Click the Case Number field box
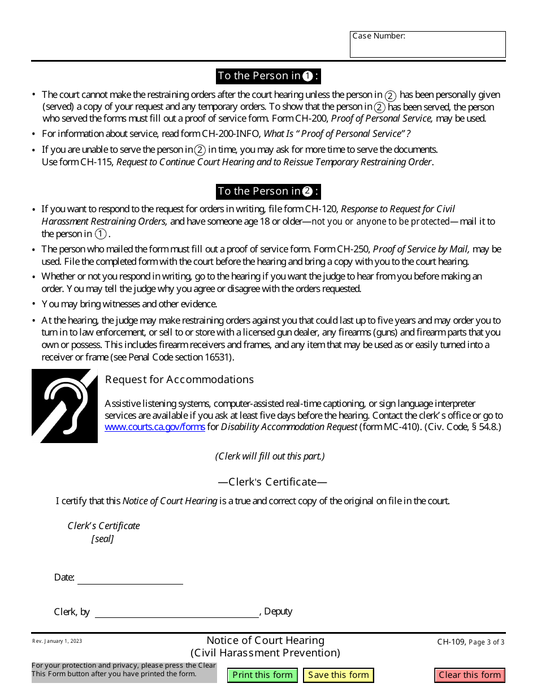click(427, 45)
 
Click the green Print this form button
click(262, 674)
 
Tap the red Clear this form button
click(470, 674)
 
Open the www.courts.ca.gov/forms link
click(154, 427)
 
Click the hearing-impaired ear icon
click(64, 406)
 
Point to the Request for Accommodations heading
click(179, 380)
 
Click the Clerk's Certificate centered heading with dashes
click(272, 482)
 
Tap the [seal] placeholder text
click(102, 539)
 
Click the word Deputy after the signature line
click(278, 612)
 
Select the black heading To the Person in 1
click(268, 76)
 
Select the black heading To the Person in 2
click(268, 191)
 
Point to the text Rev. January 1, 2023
click(57, 641)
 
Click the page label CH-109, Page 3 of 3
click(470, 642)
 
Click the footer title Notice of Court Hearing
click(265, 641)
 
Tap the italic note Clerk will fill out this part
click(270, 456)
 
